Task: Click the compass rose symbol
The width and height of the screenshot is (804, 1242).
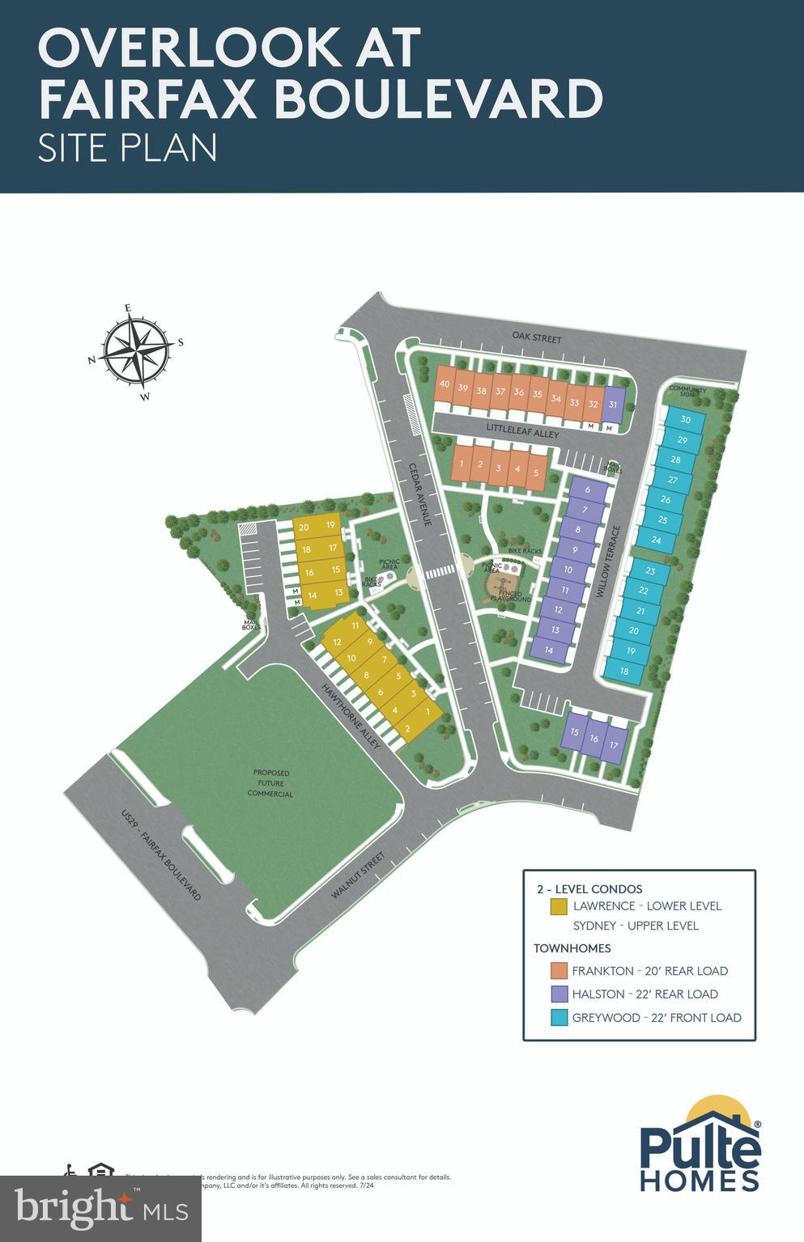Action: (136, 352)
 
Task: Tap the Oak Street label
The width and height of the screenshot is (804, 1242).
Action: (537, 337)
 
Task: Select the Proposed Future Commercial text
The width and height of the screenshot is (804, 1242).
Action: (271, 783)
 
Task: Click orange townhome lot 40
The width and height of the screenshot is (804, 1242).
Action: (444, 385)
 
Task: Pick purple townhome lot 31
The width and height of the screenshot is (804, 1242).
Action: (613, 405)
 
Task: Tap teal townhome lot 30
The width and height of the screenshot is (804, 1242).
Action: (685, 419)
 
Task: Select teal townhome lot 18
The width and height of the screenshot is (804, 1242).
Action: (624, 671)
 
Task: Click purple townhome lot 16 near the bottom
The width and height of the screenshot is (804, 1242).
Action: (593, 738)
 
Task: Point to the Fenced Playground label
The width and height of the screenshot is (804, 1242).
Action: (510, 596)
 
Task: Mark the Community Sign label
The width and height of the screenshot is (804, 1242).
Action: (687, 392)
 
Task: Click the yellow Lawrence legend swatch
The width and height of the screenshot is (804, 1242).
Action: (558, 906)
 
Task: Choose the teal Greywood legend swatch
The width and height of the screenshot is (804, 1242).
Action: (558, 1018)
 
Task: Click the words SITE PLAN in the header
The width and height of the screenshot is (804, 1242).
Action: (128, 148)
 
